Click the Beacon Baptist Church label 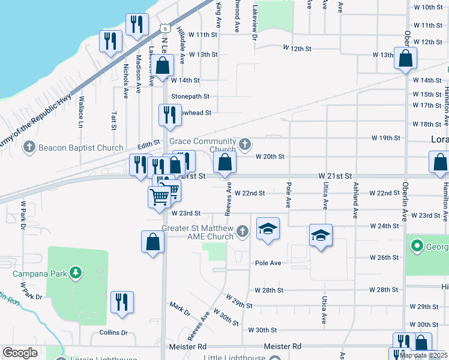point(80,148)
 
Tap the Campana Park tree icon point(76,274)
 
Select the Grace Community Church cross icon point(244,144)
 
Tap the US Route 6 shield point(166,28)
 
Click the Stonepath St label point(190,96)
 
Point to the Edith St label point(149,145)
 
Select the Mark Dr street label point(179,309)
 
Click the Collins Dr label point(112,332)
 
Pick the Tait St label point(113,120)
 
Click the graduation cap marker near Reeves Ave point(268,229)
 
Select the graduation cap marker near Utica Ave point(321,235)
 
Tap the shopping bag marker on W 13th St point(405,58)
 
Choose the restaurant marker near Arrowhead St point(169,115)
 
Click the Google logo point(20,353)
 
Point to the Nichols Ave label point(126,82)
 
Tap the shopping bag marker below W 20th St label point(224,162)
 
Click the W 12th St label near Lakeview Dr point(298,47)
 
